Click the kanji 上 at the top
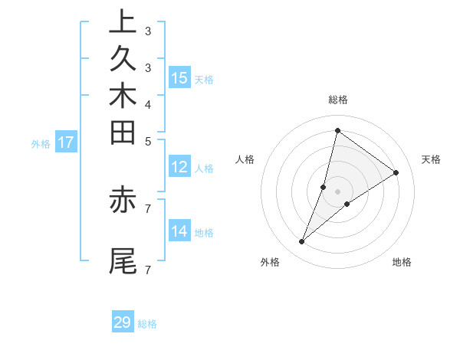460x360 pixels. click(123, 22)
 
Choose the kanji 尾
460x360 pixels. click(123, 260)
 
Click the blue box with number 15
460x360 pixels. click(179, 77)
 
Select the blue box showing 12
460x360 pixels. click(179, 167)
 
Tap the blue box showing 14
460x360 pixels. click(179, 231)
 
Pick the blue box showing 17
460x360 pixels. click(66, 142)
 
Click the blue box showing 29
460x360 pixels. click(123, 322)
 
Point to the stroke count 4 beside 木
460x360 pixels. click(147, 104)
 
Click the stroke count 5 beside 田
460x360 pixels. click(147, 141)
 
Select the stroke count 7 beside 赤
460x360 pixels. click(147, 208)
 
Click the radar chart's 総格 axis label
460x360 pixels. click(338, 100)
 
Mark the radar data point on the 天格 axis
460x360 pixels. click(396, 172)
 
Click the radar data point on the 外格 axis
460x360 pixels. click(302, 242)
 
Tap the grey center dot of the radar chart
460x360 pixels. click(338, 191)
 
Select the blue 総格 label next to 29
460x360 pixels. click(148, 324)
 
